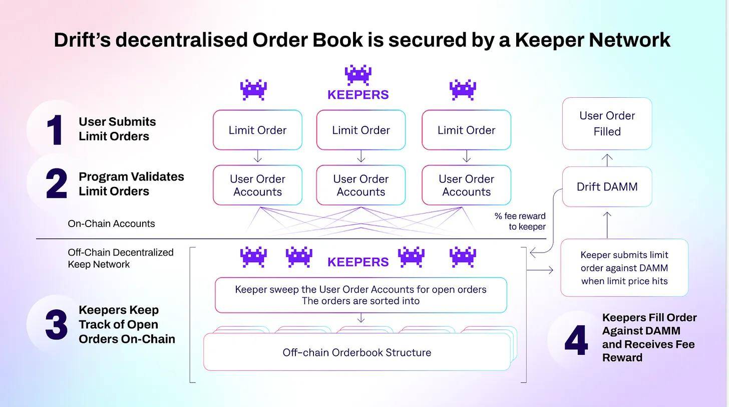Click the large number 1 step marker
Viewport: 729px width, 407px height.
point(55,130)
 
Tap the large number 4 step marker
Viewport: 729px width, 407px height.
point(576,341)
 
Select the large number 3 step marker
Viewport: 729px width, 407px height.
point(56,325)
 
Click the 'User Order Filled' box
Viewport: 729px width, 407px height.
point(607,124)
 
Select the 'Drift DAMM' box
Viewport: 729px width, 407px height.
point(607,187)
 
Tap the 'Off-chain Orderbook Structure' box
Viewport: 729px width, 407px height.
point(356,352)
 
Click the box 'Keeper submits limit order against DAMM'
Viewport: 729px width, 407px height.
point(624,268)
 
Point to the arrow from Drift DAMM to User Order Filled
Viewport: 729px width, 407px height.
point(607,160)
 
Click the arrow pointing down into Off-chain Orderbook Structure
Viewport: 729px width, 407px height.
point(360,318)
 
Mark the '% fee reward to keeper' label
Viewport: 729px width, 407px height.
point(520,221)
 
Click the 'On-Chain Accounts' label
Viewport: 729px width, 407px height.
point(111,224)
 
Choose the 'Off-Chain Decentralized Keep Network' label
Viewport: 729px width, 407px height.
point(121,258)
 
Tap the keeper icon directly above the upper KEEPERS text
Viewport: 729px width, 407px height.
point(358,75)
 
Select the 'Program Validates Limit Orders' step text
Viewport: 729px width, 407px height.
point(131,184)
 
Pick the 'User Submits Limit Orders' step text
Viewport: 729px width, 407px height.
point(117,129)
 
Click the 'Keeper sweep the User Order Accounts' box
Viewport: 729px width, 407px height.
point(360,295)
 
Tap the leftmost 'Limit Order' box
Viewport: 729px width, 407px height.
point(257,130)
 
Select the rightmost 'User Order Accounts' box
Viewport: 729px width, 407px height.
point(466,185)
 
